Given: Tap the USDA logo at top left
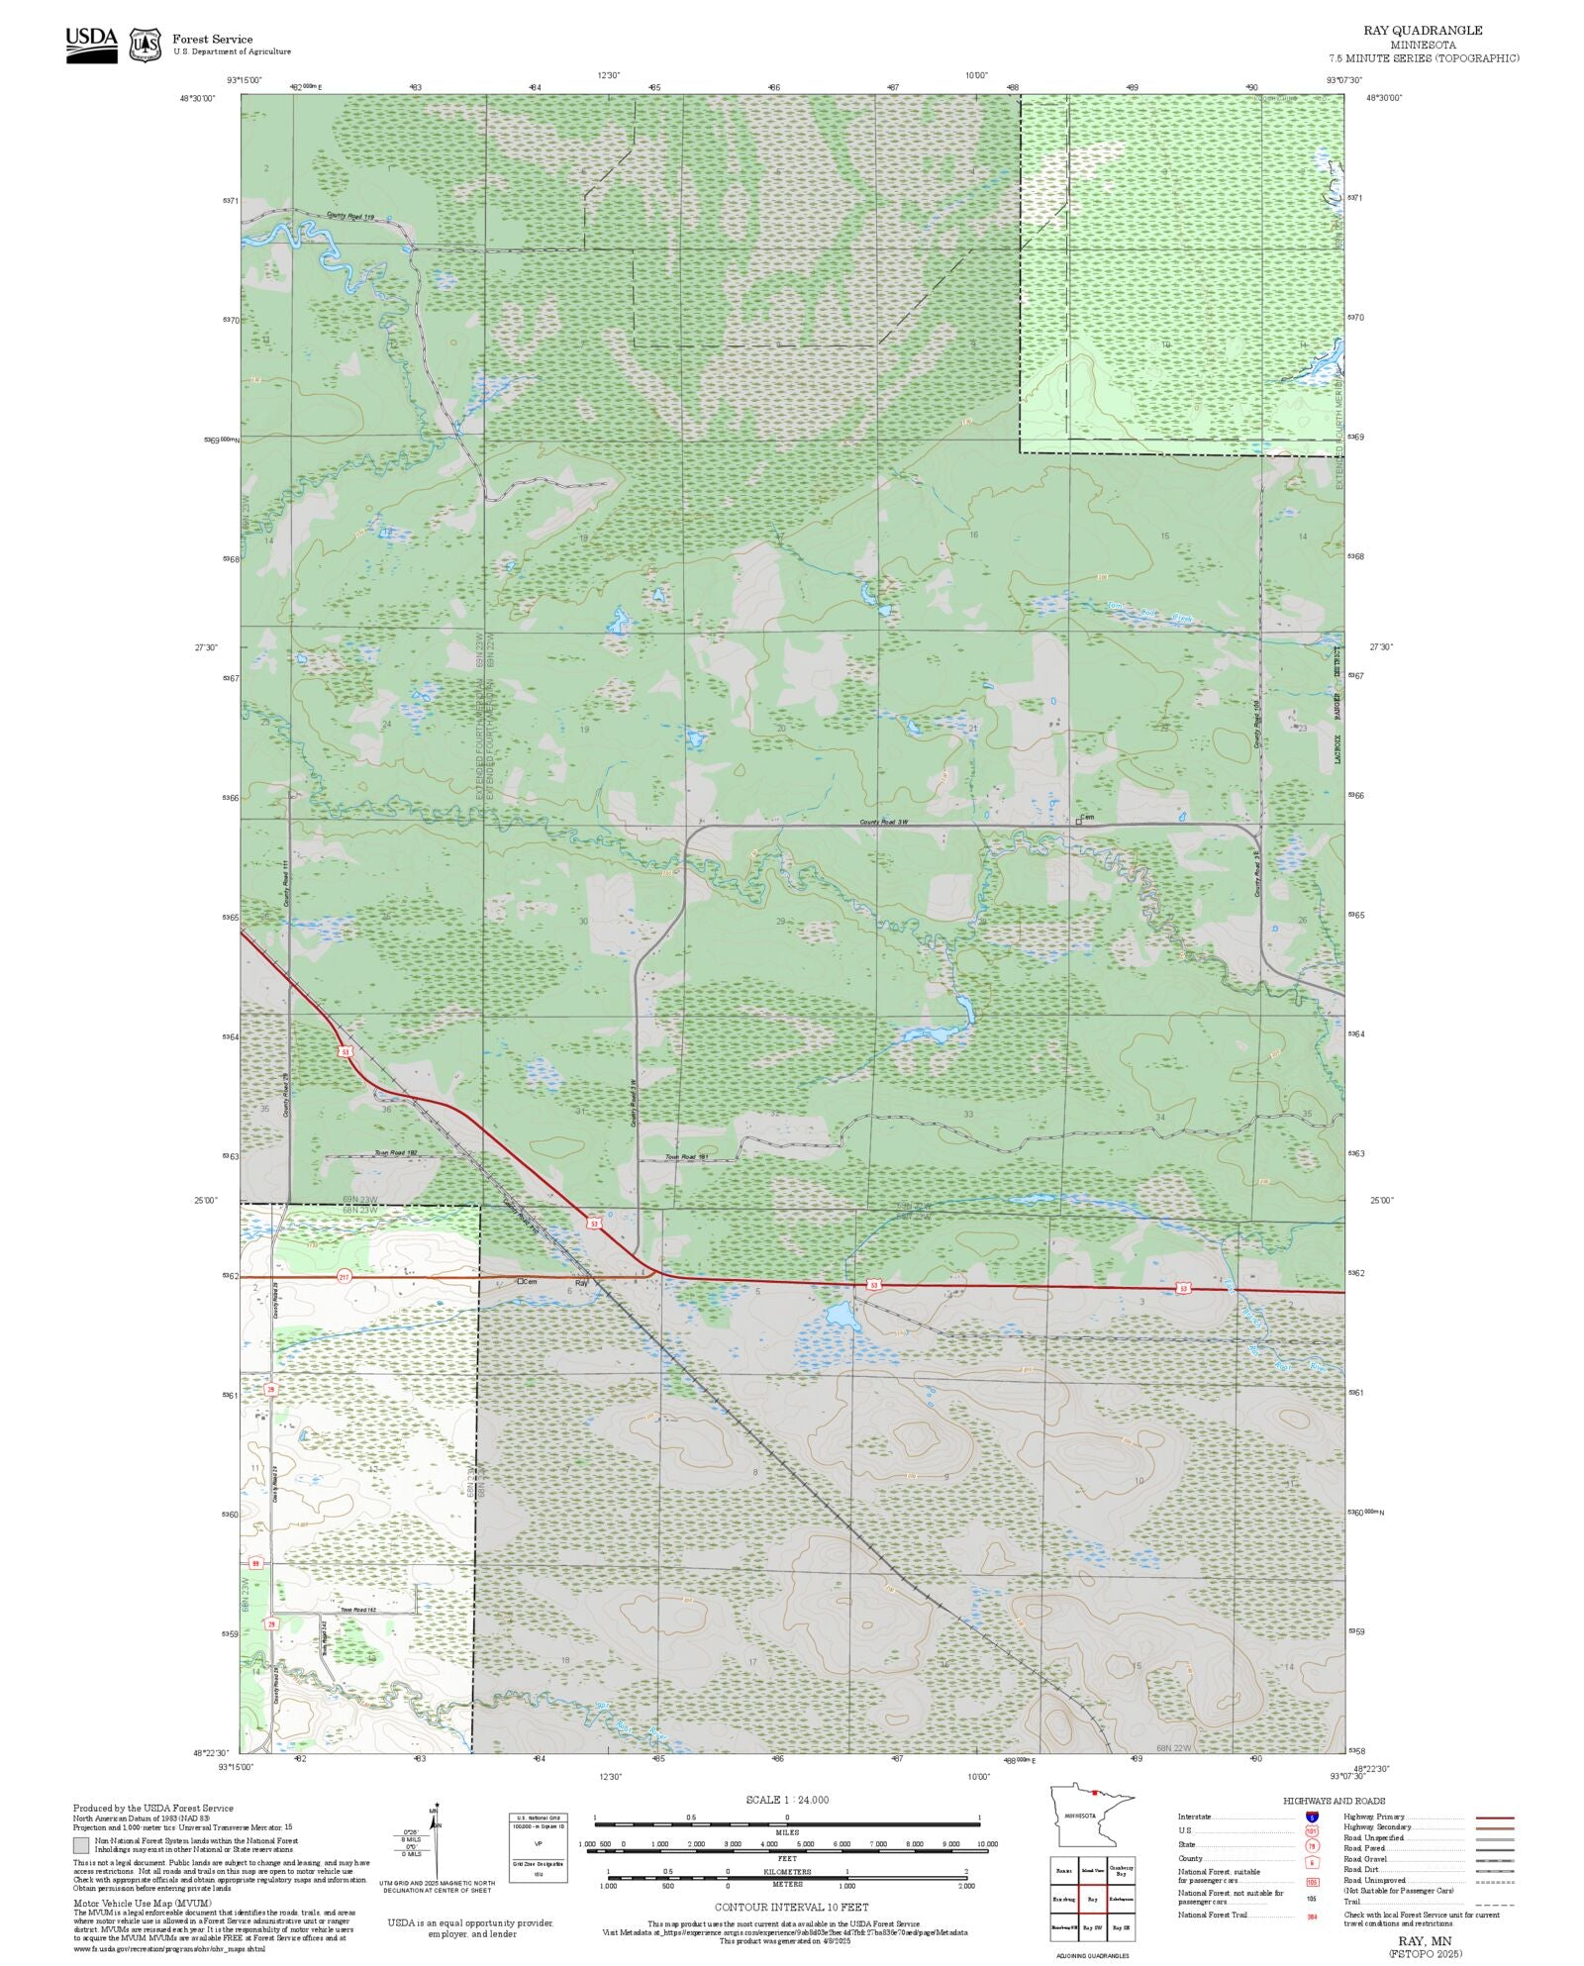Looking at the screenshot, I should (x=91, y=45).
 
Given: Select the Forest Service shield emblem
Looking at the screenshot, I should (x=147, y=45).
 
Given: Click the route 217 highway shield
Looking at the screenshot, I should (x=344, y=1276).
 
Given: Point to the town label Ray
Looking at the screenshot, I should (x=581, y=1283).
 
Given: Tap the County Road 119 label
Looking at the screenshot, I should (x=350, y=215).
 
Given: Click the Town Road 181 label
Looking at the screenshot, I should (x=686, y=1156).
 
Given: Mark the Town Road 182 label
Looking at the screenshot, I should (x=395, y=1153).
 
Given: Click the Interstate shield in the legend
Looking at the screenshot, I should (x=1312, y=1818).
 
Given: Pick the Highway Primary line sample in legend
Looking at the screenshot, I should (x=1494, y=1818).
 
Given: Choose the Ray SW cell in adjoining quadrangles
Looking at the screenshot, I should (x=1092, y=1927).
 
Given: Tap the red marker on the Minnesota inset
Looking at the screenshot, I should (x=1093, y=1791).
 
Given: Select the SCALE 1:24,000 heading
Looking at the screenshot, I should (x=787, y=1800).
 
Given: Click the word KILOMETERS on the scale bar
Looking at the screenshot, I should (x=787, y=1872).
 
